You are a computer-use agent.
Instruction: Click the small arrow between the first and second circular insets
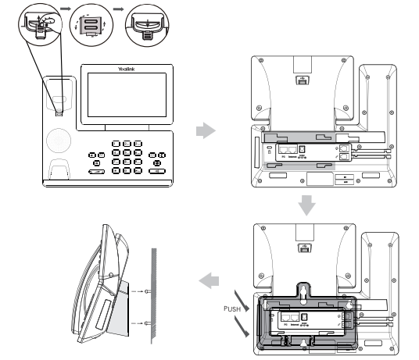66,9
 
